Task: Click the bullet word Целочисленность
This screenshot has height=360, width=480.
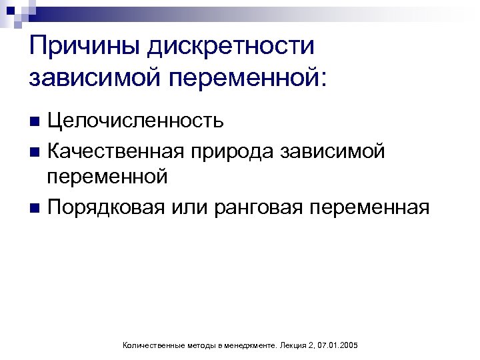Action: (x=135, y=121)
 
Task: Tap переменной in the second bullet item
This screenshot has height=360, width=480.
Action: (x=106, y=178)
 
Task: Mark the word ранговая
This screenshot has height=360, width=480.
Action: (x=259, y=207)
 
